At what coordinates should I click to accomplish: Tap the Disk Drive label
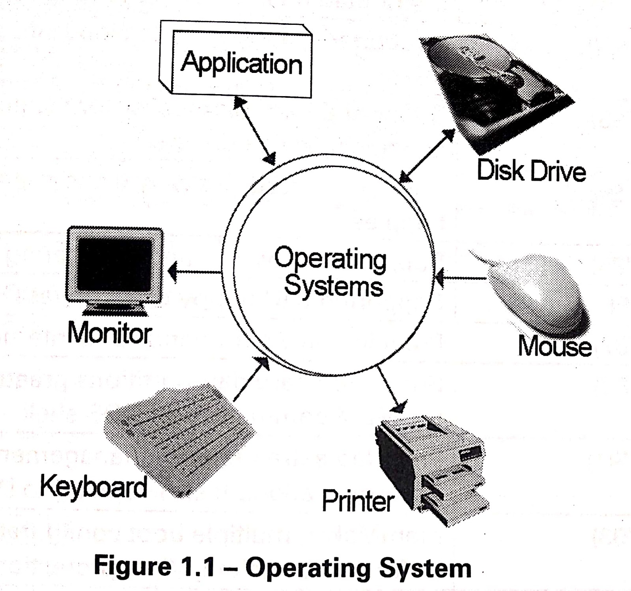(x=531, y=171)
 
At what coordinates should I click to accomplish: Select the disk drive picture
(x=493, y=91)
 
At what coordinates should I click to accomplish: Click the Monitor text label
(x=110, y=333)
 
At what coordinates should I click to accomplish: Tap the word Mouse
(x=554, y=346)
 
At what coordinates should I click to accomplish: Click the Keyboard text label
(x=94, y=486)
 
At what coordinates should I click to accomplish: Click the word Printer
(x=358, y=501)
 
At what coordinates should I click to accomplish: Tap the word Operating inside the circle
(x=330, y=259)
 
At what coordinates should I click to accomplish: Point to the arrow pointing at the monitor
(x=195, y=271)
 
